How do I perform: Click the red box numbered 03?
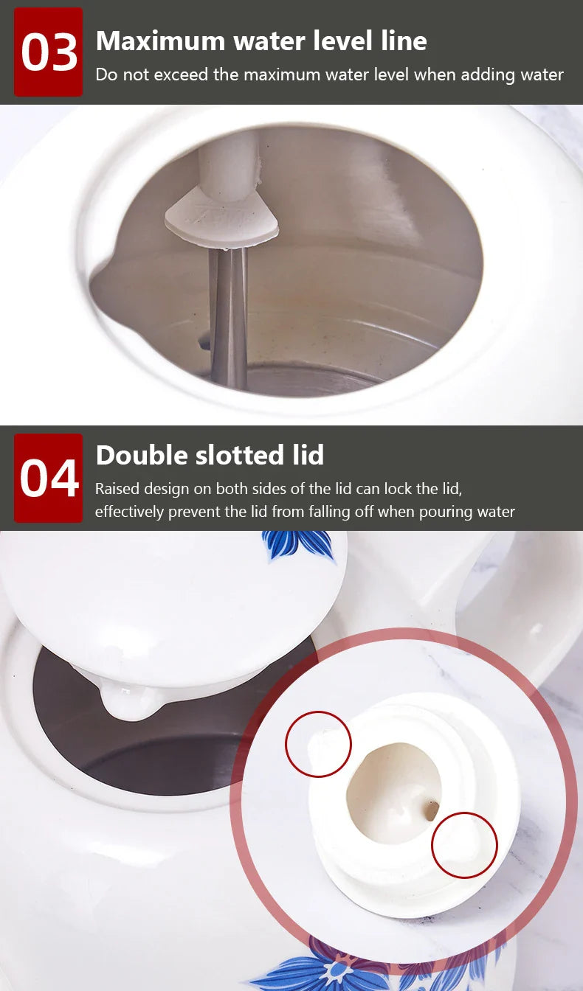[49, 52]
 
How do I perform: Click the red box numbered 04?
[49, 478]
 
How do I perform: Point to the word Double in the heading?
[141, 455]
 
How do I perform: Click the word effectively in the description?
[129, 511]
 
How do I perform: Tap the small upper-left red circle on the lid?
[318, 744]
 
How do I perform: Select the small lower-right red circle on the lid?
[464, 845]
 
